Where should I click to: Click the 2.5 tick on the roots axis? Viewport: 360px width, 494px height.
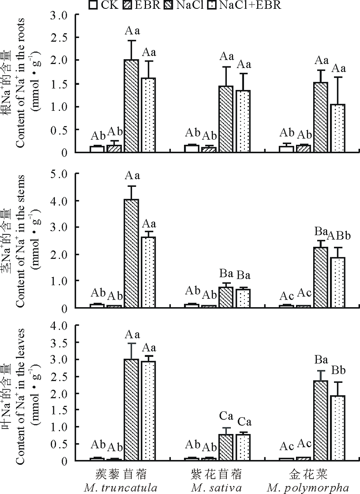72,37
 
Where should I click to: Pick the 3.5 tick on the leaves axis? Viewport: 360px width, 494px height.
72,343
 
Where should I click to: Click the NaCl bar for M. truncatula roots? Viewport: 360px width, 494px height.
131,106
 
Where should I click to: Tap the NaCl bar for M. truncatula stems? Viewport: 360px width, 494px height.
131,253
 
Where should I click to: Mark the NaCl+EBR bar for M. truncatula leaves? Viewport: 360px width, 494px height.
149,410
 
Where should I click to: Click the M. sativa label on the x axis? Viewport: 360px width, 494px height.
216,488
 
